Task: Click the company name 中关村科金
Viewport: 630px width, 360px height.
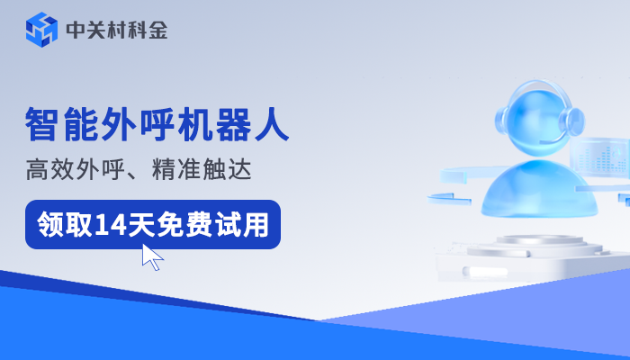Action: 117,30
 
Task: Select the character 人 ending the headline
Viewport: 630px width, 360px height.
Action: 271,125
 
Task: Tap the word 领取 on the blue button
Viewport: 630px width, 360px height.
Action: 64,224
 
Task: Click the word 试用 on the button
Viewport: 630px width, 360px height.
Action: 244,224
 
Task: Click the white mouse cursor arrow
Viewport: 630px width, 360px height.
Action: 152,256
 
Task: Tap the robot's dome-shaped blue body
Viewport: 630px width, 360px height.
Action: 534,191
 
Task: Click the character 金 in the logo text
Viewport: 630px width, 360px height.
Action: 157,30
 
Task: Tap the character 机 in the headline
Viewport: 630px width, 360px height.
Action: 183,125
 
